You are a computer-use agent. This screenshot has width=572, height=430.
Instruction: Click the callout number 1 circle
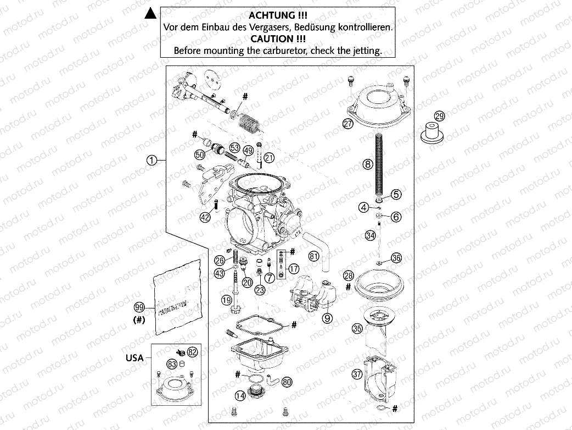coord(152,160)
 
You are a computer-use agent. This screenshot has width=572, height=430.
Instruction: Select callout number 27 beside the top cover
coord(348,124)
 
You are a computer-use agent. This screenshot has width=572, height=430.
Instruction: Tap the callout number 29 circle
coord(439,115)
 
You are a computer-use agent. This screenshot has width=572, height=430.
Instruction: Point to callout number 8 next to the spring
coord(367,163)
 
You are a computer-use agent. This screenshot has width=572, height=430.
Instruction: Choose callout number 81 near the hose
coord(313,256)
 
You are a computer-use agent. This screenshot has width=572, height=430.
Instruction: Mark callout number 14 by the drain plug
coord(240,395)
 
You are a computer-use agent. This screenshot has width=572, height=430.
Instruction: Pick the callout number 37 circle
coord(357,374)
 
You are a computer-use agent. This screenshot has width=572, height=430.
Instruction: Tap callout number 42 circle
coord(205,217)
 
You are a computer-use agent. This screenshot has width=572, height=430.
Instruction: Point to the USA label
coord(134,357)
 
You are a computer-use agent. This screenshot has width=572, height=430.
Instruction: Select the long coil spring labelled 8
coord(378,165)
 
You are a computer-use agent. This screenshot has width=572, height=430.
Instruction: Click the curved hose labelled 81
coord(318,245)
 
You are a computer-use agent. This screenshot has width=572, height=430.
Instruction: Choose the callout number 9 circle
coord(327,317)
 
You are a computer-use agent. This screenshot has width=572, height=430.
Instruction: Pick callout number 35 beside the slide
coord(357,329)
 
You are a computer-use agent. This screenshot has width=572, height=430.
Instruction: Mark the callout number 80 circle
coord(287,381)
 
